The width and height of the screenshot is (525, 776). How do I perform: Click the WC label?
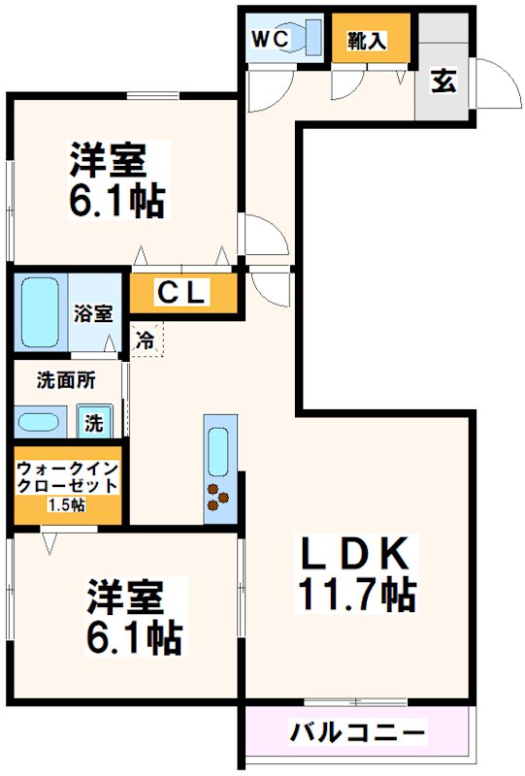[x=267, y=39]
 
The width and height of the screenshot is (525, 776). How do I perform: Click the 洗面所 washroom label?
[x=66, y=381]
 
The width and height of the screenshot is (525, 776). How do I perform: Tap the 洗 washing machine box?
[x=94, y=423]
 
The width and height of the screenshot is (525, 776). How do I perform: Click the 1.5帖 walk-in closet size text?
[x=66, y=504]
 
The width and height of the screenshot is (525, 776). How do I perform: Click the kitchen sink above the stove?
[x=219, y=449]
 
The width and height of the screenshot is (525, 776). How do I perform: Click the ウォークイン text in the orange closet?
[x=66, y=467]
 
